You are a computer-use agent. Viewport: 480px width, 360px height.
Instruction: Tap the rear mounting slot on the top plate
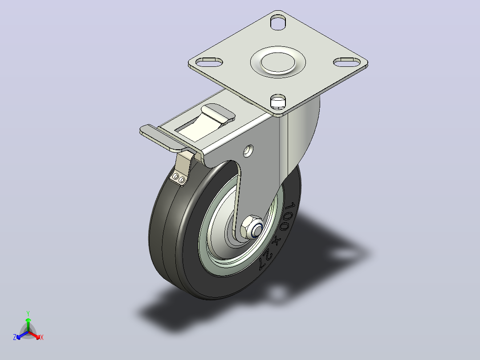(278, 22)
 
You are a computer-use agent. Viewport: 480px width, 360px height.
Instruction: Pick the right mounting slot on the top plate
(347, 62)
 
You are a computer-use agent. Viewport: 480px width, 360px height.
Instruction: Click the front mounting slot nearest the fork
(278, 102)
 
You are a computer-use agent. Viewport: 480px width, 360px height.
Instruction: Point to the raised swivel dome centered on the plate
(278, 62)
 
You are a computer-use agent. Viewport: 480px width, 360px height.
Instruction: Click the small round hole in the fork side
(248, 151)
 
